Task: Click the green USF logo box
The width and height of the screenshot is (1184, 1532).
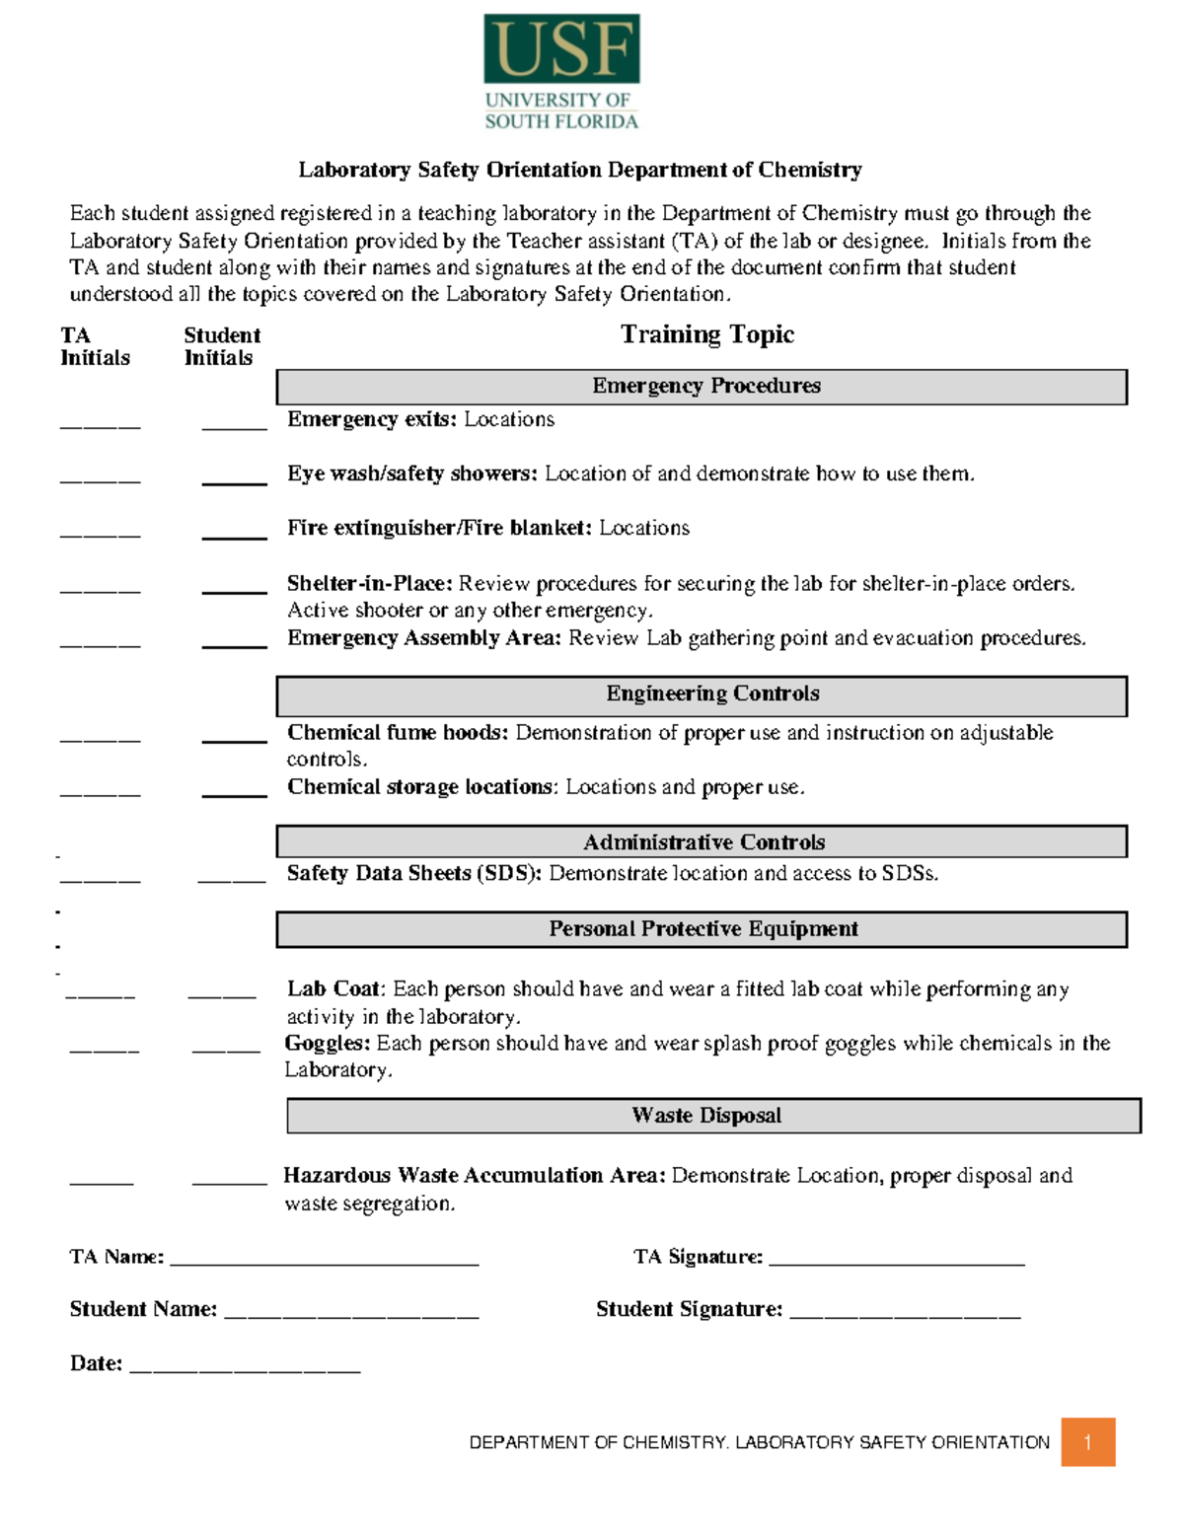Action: [x=561, y=49]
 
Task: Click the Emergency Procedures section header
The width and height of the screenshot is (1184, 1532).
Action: [x=702, y=387]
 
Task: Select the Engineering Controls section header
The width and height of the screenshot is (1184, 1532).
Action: [x=702, y=695]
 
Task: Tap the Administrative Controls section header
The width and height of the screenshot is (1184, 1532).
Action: [x=702, y=841]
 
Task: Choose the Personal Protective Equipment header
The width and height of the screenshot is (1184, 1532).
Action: [x=702, y=929]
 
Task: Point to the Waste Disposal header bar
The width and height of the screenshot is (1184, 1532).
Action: [x=713, y=1116]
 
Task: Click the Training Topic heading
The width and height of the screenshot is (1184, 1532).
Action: [x=706, y=335]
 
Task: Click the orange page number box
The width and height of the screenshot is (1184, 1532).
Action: [x=1087, y=1442]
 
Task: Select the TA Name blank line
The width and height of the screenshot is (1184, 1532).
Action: [x=325, y=1261]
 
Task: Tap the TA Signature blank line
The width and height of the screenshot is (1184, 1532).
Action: [x=896, y=1261]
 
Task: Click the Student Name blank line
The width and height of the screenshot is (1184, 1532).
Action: [x=351, y=1313]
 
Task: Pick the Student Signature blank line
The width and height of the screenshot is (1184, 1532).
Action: [x=905, y=1313]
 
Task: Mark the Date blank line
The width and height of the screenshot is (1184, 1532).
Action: [x=245, y=1367]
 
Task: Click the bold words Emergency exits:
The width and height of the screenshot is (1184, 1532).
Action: [x=371, y=419]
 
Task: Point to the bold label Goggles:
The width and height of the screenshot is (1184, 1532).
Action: [x=328, y=1044]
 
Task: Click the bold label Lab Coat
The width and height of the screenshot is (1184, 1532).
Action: [x=333, y=989]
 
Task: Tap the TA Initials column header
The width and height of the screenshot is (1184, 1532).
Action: [x=95, y=346]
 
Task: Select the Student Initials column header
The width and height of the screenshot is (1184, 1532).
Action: [x=221, y=346]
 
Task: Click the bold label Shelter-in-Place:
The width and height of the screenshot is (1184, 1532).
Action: [x=369, y=583]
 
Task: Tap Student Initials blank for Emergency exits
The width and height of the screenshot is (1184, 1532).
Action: [x=234, y=425]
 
